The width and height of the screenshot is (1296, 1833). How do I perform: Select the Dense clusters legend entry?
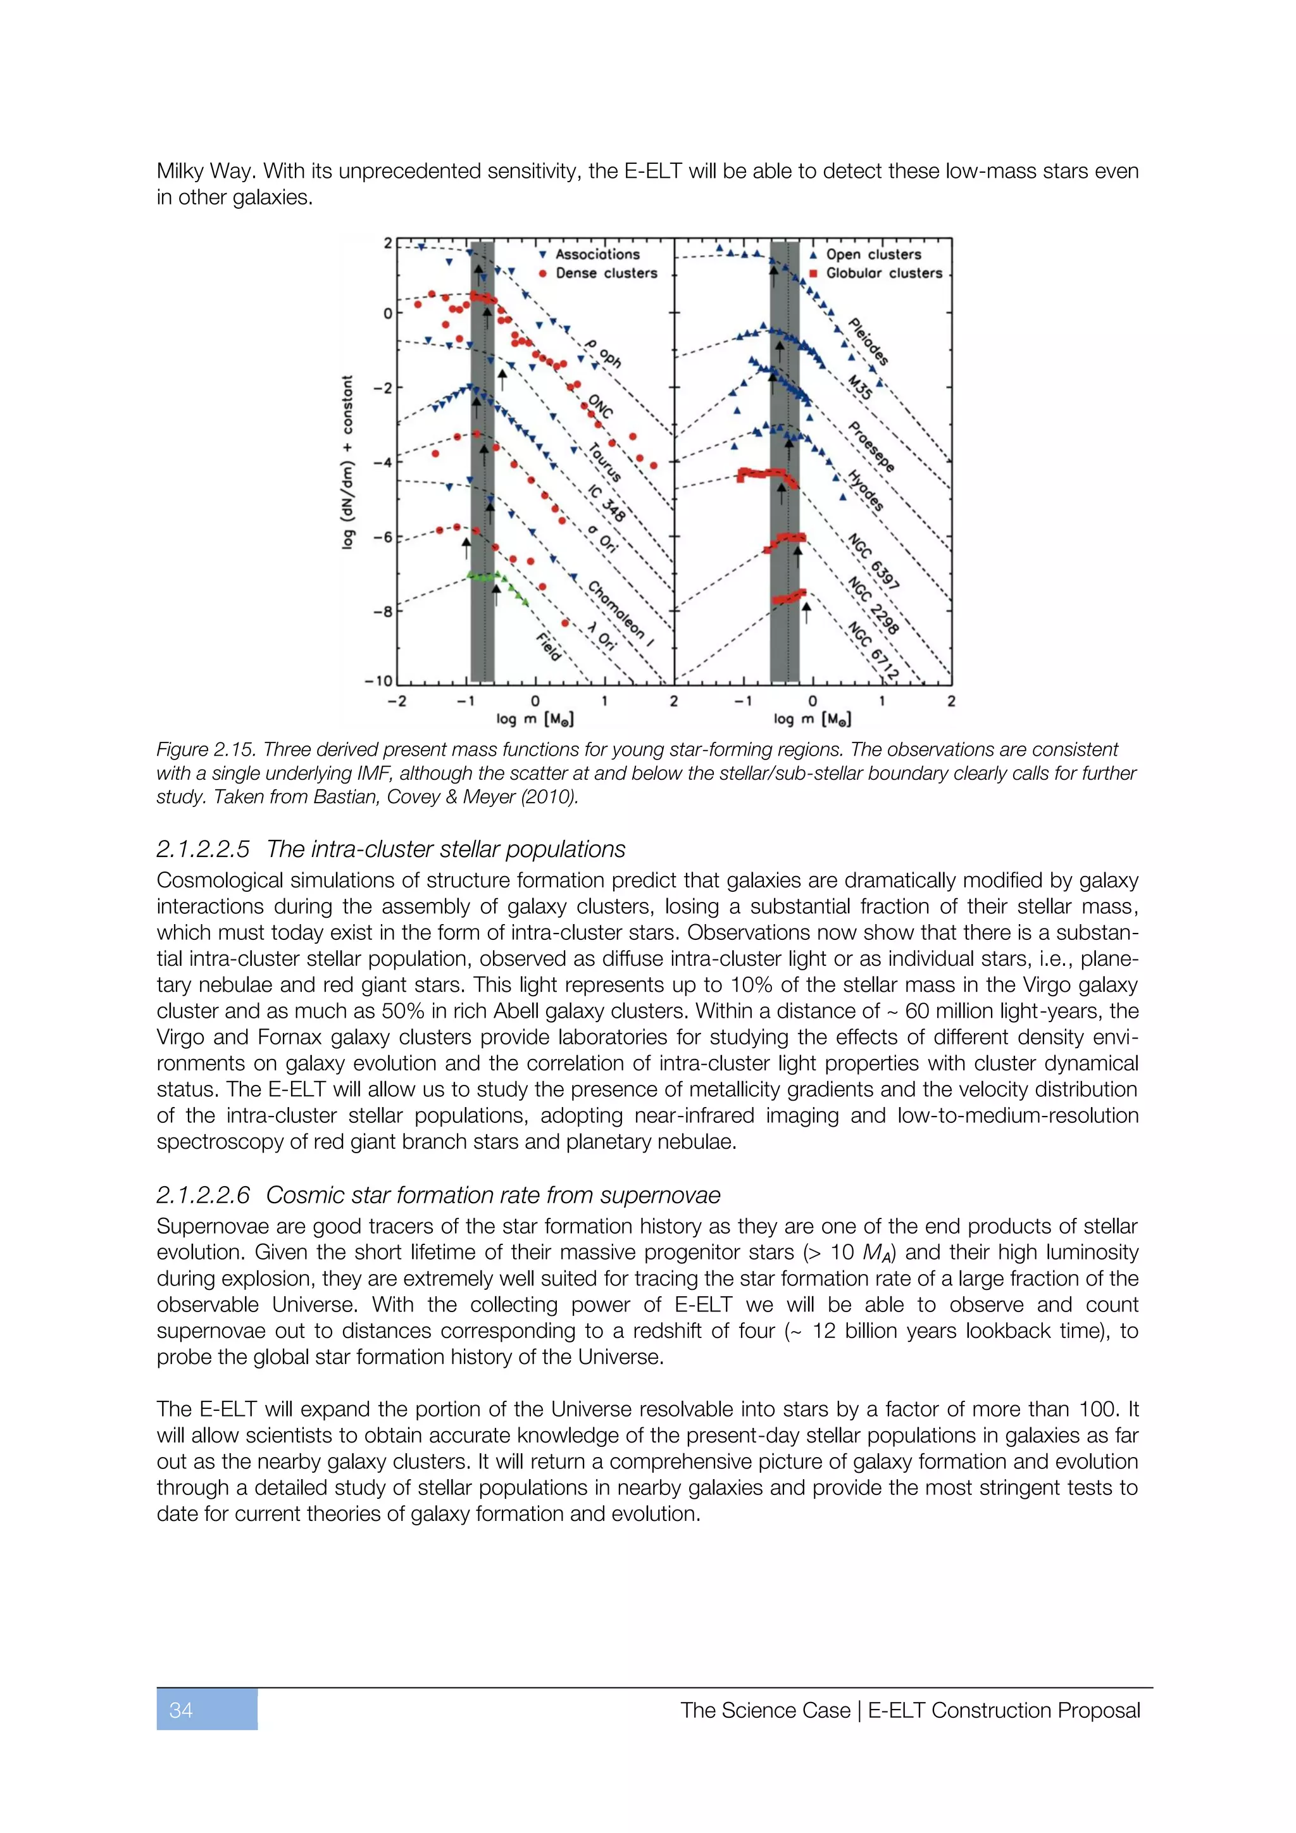click(606, 273)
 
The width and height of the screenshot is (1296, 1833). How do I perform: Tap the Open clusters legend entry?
click(873, 254)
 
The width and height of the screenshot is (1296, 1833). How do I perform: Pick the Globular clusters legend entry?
click(883, 273)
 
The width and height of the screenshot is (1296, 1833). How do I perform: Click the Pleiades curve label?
click(868, 342)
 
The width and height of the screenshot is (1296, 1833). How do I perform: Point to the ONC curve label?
click(600, 406)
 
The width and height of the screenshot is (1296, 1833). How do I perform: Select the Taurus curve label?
click(604, 463)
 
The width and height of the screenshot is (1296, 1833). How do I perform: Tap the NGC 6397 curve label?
click(874, 563)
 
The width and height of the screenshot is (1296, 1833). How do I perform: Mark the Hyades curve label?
click(865, 490)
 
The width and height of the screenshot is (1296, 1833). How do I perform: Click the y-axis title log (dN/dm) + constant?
click(347, 462)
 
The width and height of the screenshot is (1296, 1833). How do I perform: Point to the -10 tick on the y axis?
click(378, 681)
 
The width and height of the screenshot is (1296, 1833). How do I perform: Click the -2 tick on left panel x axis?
click(397, 701)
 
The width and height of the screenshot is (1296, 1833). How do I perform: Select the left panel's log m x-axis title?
click(535, 719)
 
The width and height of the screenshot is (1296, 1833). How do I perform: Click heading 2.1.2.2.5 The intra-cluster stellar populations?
click(390, 849)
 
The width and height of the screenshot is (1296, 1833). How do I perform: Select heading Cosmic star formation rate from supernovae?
click(492, 1195)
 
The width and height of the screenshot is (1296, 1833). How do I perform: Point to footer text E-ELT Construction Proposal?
click(1003, 1710)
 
